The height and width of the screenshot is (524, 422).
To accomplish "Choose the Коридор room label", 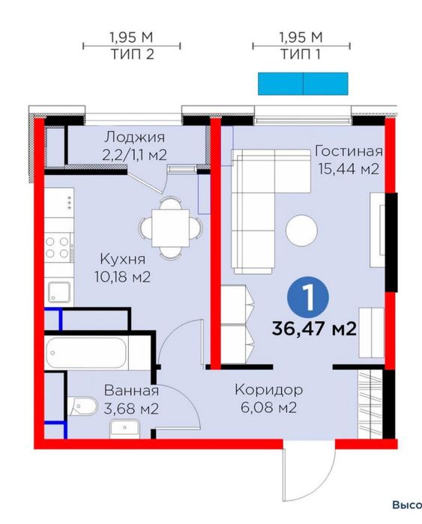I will [x=268, y=390].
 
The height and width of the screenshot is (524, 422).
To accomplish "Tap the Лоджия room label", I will [x=134, y=138].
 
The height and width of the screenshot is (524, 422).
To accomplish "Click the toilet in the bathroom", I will [x=83, y=406].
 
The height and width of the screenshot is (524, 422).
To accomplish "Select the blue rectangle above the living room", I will [x=303, y=83].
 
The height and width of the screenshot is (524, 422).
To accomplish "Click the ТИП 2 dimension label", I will [x=131, y=55].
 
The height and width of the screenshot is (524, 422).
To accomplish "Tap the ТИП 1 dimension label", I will [x=301, y=55].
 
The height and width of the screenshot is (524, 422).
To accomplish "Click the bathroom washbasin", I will [x=124, y=427].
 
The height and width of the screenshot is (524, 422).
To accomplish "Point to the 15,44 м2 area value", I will [x=346, y=170].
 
